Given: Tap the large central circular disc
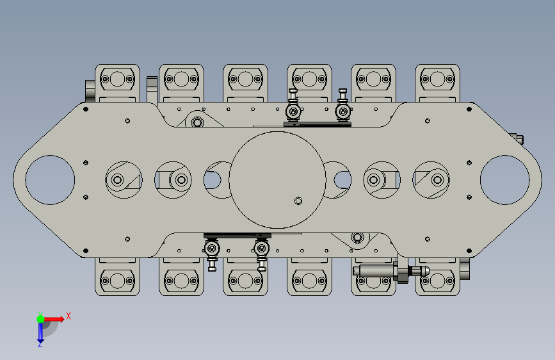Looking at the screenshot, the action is (278, 180).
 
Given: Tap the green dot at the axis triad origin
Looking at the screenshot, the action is (40, 319).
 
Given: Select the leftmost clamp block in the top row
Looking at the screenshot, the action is (117, 83).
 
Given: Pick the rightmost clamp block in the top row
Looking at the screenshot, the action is (437, 83).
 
